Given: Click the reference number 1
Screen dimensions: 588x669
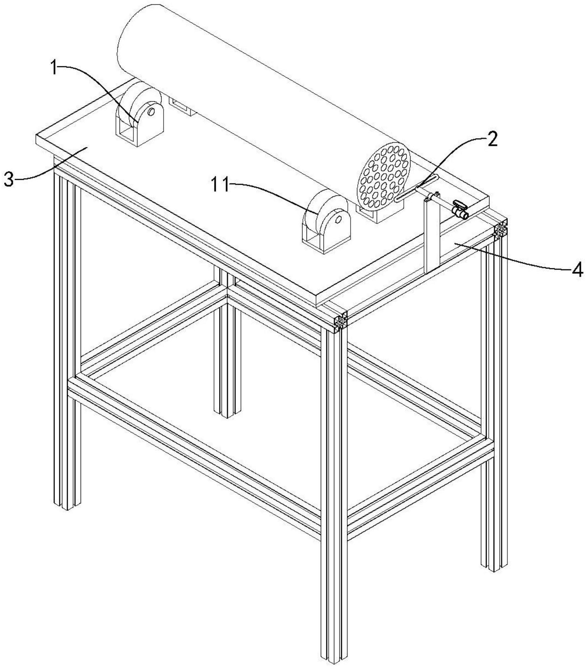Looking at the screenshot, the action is (55, 67).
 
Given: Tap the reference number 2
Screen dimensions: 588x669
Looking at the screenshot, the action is (492, 139).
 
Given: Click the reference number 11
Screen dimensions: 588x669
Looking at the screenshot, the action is (220, 185).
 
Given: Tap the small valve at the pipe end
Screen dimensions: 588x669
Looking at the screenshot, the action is (460, 210).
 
